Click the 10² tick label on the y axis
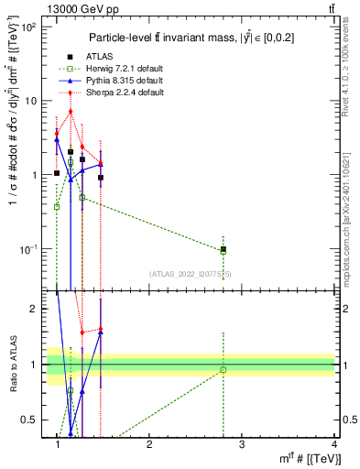[x=28, y=27]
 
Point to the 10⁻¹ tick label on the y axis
[x=28, y=249]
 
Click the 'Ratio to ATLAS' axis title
[x=12, y=364]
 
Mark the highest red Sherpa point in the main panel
[x=70, y=112]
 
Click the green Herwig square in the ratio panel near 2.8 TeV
[x=223, y=370]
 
